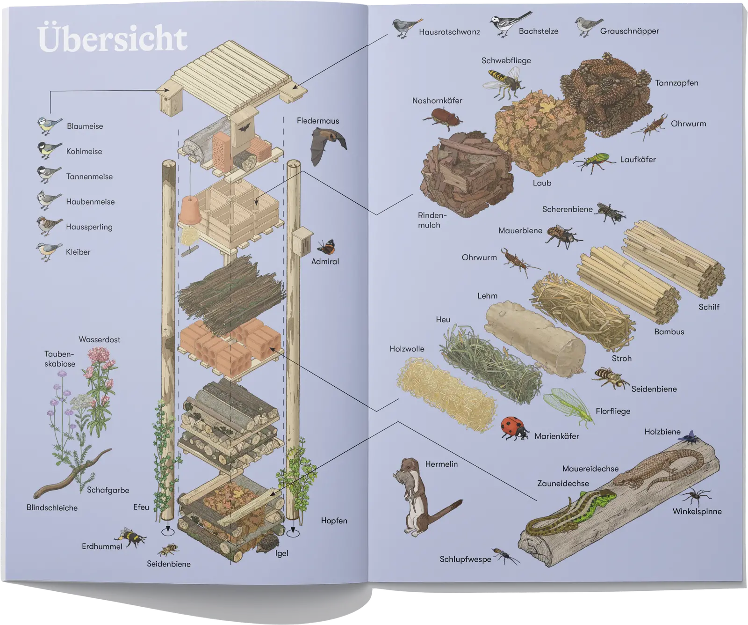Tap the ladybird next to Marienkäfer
click(x=514, y=427)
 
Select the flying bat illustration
click(x=328, y=144)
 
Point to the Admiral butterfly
click(x=326, y=247)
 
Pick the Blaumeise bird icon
click(x=49, y=125)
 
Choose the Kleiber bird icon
click(x=49, y=251)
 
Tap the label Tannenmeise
click(x=89, y=176)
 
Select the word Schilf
click(x=709, y=307)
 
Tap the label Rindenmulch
click(x=430, y=220)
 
